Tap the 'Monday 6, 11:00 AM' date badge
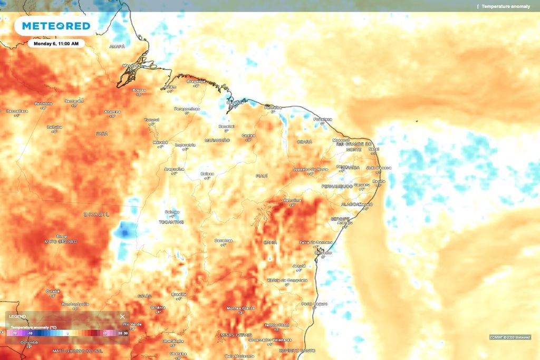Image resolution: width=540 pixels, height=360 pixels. pos(56,44)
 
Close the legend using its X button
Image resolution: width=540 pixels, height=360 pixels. pos(122,317)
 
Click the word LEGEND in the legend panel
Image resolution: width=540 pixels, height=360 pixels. pos(17,317)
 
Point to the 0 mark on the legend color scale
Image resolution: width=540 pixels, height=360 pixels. pos(67,333)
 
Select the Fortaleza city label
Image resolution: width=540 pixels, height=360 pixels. pos(322,119)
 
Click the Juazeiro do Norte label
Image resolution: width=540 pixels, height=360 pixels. pos(310,169)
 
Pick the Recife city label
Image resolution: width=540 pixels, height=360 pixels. pos(379,181)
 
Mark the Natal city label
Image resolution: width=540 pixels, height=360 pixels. pos(374,149)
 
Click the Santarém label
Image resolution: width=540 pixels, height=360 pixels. pos(74,101)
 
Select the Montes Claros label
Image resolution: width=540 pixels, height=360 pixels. pos(240,308)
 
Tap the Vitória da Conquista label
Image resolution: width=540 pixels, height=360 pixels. pos(287,280)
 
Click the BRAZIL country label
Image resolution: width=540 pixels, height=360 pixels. pos(97,215)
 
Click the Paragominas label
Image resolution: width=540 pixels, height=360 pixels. pos(187,109)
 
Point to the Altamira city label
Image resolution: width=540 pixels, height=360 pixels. pos(112,112)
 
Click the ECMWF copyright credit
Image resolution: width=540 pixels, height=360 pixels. pos(510,337)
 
